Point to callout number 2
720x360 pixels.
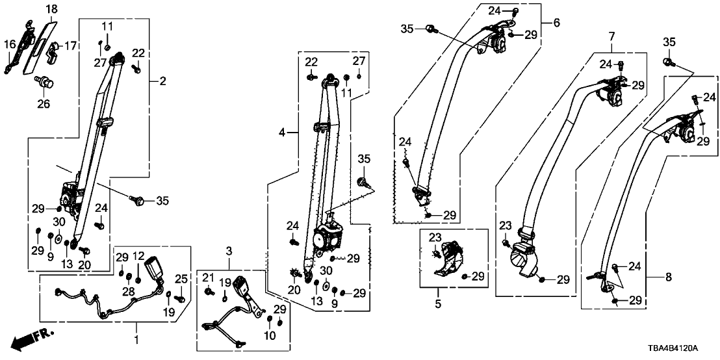162,81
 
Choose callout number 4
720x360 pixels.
556,23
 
